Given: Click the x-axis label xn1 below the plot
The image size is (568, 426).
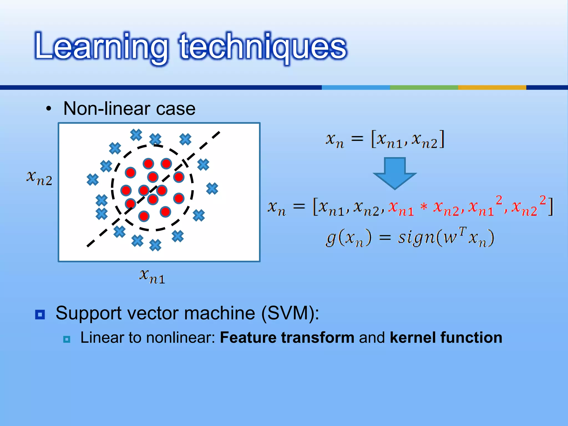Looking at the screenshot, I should coord(152,276).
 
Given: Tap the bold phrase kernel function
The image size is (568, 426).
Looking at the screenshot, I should coord(446,338).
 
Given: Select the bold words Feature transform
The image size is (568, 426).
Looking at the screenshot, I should coord(287,338).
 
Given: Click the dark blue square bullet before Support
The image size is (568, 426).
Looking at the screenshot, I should coord(40,315).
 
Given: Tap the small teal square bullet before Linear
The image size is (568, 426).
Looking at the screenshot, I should coord(67,339).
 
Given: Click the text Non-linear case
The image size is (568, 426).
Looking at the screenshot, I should coord(129,108).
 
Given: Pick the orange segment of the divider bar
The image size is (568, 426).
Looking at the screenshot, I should coord(492,87).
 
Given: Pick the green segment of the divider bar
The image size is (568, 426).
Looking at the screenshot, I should coord(424,87).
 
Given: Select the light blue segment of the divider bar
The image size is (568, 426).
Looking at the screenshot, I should coord(356,87).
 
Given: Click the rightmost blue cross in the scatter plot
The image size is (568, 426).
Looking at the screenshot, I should coord(212,189).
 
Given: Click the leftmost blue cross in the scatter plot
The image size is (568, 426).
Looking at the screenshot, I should coord(93,180).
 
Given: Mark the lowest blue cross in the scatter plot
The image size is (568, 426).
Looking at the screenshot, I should coord(155,245).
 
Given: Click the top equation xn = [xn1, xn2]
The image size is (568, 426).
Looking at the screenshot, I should coord(385,140).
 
